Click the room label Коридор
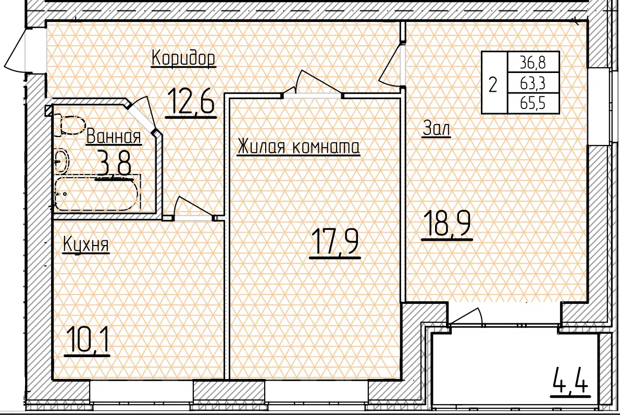pyautogui.click(x=183, y=58)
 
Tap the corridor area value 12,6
pyautogui.click(x=191, y=101)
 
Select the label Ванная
pyautogui.click(x=114, y=137)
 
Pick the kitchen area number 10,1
pyautogui.click(x=87, y=339)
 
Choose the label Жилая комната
pyautogui.click(x=299, y=147)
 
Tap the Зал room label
pyautogui.click(x=436, y=128)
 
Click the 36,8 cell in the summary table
pyautogui.click(x=533, y=63)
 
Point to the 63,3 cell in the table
pyautogui.click(x=533, y=83)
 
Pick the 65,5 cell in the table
pyautogui.click(x=533, y=103)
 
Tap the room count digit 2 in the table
pyautogui.click(x=493, y=84)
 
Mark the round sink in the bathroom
pyautogui.click(x=61, y=161)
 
